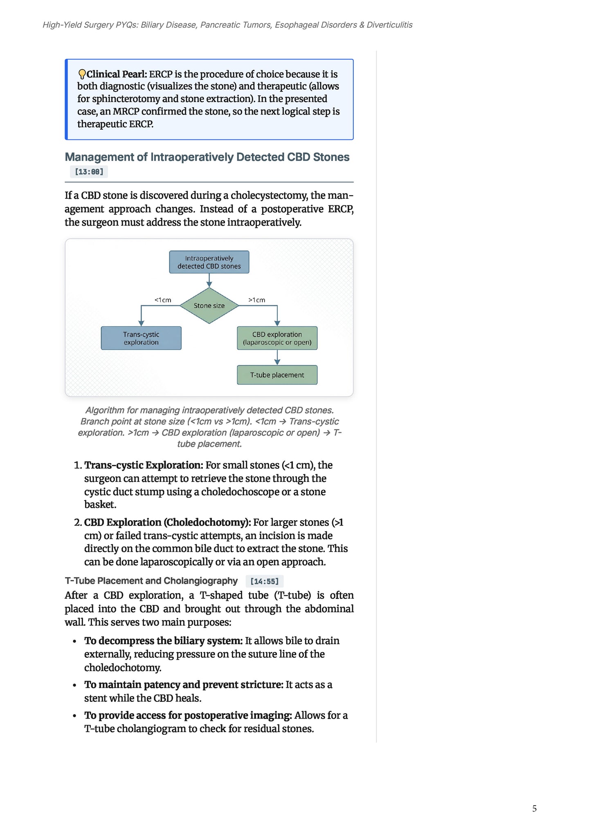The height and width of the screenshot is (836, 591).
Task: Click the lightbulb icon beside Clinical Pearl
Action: point(82,74)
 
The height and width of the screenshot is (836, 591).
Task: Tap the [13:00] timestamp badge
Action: point(89,172)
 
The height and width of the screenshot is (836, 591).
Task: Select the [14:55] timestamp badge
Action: point(265,581)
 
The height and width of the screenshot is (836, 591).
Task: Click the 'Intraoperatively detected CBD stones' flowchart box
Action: point(209,262)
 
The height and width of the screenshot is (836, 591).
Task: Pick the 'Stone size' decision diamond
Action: point(209,306)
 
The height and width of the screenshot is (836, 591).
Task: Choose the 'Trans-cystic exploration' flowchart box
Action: point(141,338)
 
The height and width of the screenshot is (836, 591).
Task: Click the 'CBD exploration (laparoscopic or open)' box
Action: point(277,338)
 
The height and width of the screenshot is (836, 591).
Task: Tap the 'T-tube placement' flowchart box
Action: point(277,375)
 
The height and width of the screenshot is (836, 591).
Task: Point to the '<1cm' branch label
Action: point(163,300)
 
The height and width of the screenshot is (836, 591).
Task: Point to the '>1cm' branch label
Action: point(257,300)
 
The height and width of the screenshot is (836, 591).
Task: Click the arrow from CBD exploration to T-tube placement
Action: point(277,357)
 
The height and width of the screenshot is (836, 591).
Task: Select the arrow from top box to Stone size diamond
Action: point(209,281)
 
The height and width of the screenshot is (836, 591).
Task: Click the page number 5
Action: point(534,809)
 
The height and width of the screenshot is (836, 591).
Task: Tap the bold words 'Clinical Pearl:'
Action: point(117,74)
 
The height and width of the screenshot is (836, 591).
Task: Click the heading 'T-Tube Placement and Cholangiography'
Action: point(151,581)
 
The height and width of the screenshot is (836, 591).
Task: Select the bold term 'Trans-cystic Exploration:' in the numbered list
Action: point(144,465)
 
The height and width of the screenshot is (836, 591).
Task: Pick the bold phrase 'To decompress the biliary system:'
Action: point(164,641)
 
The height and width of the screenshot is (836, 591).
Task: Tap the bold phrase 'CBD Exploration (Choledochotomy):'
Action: point(168,523)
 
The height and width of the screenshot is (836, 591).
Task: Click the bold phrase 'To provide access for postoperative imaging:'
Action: point(188,715)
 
